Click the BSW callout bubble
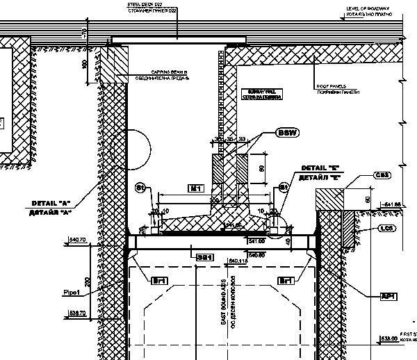(x=286, y=133)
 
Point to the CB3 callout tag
(x=382, y=174)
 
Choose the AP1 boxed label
(x=388, y=296)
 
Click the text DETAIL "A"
(x=52, y=203)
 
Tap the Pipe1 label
(x=72, y=292)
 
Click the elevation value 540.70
(x=78, y=240)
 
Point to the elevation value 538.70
(x=78, y=313)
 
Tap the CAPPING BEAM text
(x=170, y=72)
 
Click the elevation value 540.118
(x=238, y=261)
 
